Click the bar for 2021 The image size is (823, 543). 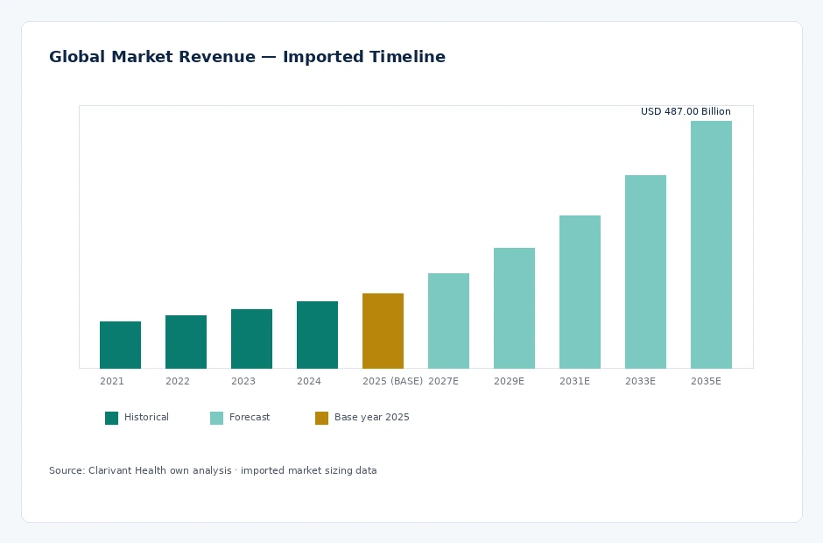tap(120, 345)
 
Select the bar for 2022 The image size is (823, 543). tap(186, 342)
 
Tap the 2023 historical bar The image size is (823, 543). tap(251, 339)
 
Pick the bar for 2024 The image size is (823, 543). tap(317, 335)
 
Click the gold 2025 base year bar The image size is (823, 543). tap(383, 331)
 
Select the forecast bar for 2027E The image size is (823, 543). tap(449, 321)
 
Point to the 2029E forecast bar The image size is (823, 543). tap(515, 308)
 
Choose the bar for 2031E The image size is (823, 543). tap(580, 292)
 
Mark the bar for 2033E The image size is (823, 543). tap(645, 272)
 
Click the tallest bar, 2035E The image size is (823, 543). tap(711, 244)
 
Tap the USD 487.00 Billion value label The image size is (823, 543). tap(686, 111)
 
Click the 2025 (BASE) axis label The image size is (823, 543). tap(392, 381)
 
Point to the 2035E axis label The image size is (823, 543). tap(706, 381)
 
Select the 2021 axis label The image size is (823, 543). tap(112, 381)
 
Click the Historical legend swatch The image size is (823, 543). tap(112, 418)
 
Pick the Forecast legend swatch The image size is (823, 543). tap(217, 418)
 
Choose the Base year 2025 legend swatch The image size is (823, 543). tap(321, 418)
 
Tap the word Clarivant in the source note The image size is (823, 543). tap(109, 470)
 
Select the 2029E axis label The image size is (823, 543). tap(510, 381)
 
